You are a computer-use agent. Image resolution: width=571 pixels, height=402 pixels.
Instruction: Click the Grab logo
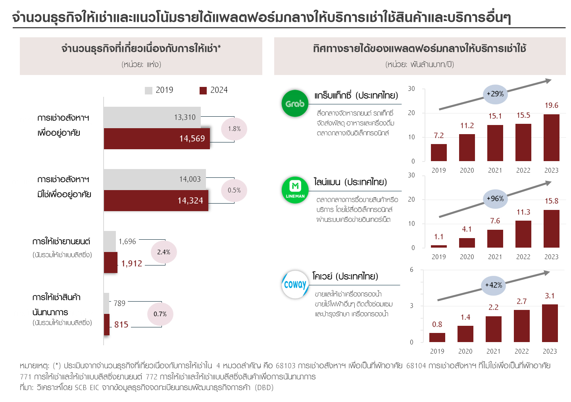click(x=295, y=103)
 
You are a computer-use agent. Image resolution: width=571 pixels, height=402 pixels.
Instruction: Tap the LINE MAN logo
click(x=295, y=190)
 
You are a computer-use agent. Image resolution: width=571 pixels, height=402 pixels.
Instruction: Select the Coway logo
click(x=295, y=284)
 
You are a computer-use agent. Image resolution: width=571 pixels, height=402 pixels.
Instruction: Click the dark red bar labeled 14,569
click(x=157, y=138)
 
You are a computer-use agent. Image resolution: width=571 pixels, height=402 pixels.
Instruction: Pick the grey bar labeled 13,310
click(x=152, y=117)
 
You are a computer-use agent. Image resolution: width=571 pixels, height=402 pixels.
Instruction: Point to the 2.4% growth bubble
click(x=163, y=252)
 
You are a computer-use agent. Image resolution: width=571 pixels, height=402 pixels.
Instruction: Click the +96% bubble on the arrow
click(x=495, y=198)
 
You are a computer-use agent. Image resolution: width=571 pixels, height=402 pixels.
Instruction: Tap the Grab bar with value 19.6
click(x=551, y=138)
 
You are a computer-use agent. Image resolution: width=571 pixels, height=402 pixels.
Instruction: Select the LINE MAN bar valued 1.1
click(x=438, y=246)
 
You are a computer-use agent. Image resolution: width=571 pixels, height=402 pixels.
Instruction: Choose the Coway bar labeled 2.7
click(x=521, y=326)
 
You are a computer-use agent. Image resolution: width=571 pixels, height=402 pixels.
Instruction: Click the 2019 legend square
click(x=148, y=90)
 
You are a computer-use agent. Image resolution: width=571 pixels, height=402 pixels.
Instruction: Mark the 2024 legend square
click(x=203, y=90)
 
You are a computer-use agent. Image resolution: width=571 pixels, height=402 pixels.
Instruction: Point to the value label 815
click(x=121, y=325)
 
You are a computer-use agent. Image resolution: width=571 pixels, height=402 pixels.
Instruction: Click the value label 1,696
click(x=127, y=241)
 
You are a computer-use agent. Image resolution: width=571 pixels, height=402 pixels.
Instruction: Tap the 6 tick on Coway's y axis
click(x=411, y=270)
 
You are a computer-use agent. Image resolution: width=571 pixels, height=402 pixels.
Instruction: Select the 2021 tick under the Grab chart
click(x=495, y=170)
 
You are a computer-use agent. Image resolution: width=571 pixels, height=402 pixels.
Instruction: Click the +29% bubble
click(x=495, y=94)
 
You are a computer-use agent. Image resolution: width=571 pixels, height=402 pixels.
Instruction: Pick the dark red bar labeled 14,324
click(x=156, y=200)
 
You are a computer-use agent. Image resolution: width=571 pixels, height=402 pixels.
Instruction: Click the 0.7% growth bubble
click(x=160, y=314)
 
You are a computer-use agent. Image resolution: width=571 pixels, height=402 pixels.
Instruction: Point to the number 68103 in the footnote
click(x=285, y=365)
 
